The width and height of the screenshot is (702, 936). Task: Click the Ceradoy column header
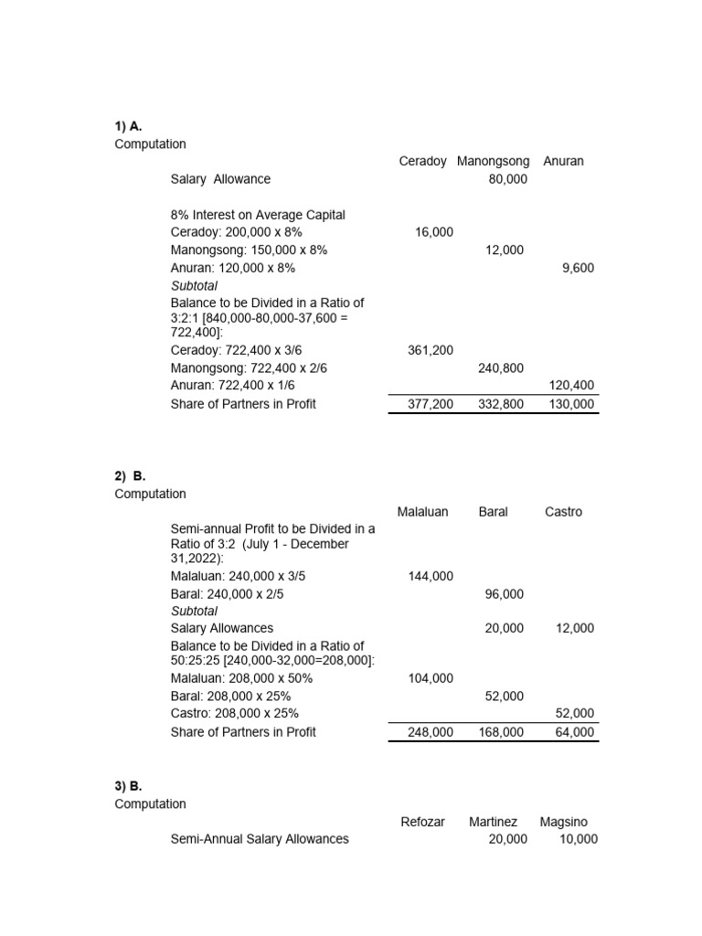click(422, 161)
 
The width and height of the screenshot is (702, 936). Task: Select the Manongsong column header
click(493, 161)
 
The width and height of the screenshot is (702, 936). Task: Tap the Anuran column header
click(563, 161)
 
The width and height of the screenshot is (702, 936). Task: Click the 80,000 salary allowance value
click(507, 179)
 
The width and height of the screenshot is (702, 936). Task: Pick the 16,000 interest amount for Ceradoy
click(434, 233)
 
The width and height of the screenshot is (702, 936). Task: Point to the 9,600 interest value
click(578, 269)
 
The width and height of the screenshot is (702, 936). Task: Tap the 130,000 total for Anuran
click(572, 404)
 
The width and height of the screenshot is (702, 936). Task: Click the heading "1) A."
click(129, 126)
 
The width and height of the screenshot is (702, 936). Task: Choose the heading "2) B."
click(131, 476)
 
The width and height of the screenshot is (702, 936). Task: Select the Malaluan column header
click(422, 512)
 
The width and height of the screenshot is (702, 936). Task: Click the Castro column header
click(563, 512)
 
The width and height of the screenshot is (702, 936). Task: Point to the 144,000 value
click(431, 577)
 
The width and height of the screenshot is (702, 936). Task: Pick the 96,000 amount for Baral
click(505, 594)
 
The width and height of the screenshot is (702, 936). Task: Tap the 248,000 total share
click(431, 732)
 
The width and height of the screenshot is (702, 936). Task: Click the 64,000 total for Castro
click(575, 732)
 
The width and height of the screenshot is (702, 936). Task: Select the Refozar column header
click(422, 822)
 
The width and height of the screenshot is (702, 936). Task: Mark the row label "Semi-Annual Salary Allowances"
click(260, 839)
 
